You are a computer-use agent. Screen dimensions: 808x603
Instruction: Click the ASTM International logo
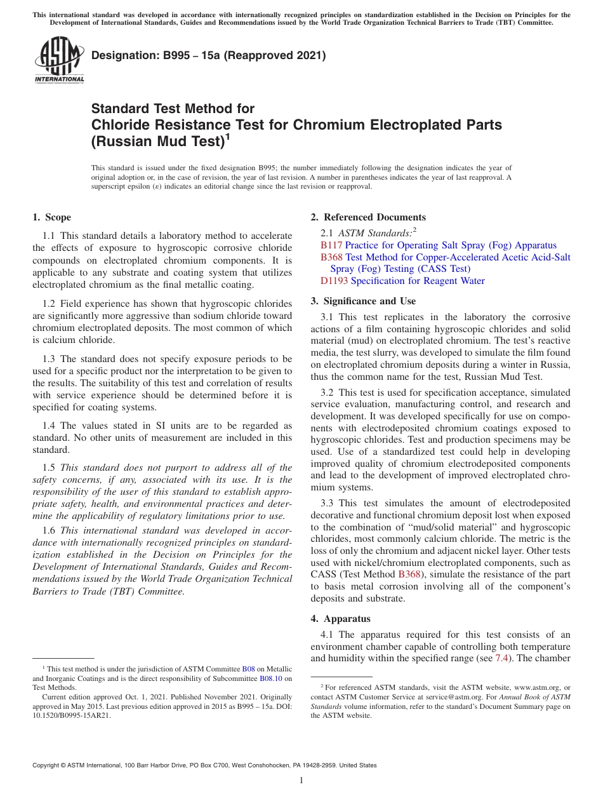coord(59,61)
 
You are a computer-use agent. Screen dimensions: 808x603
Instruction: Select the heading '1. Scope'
coord(51,217)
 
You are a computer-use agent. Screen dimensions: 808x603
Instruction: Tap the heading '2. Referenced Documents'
coord(368,217)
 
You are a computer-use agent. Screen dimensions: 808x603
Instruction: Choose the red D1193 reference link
coord(334,281)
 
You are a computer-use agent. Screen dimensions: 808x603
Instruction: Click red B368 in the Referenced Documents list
coord(331,257)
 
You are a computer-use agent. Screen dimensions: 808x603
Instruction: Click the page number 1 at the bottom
coord(301,781)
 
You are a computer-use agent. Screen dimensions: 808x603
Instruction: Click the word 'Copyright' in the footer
coord(48,765)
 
